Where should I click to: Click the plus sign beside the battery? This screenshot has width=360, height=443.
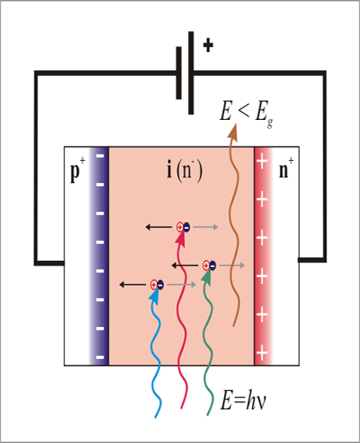point(208,45)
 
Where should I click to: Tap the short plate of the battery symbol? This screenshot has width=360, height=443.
point(179,73)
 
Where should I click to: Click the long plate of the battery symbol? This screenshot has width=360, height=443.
point(191,73)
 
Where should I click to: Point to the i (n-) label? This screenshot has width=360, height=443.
point(185,170)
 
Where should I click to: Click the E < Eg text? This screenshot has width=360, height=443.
point(246,113)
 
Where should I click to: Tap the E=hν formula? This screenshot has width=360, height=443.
point(243,400)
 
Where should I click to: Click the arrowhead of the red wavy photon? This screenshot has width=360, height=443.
point(180,240)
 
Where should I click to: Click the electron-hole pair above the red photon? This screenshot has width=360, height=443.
point(183,227)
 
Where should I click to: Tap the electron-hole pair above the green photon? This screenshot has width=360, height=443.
point(209,265)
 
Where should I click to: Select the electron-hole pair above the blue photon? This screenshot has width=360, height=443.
point(157,285)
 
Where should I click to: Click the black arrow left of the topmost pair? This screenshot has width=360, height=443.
point(159,227)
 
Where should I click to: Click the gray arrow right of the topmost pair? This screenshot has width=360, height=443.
point(206,227)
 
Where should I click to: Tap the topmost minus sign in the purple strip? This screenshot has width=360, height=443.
point(100,156)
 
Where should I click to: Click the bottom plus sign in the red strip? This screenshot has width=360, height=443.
point(262,353)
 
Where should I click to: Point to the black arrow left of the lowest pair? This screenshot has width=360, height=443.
point(133,285)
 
